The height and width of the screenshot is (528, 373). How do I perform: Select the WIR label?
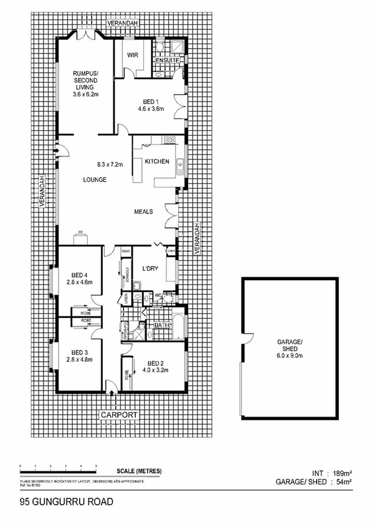point(132,55)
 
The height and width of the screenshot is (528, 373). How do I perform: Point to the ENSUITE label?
point(168,60)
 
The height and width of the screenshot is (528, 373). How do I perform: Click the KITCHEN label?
point(157,162)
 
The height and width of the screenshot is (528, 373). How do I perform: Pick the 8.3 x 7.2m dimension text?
point(111,165)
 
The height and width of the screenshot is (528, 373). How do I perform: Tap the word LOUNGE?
point(95,180)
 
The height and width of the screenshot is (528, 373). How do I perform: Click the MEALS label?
point(144,211)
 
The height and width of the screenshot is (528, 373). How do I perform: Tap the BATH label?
point(162,325)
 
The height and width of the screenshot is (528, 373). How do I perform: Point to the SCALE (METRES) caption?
point(138,471)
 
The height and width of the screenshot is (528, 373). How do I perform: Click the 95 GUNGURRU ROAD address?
point(58,500)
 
